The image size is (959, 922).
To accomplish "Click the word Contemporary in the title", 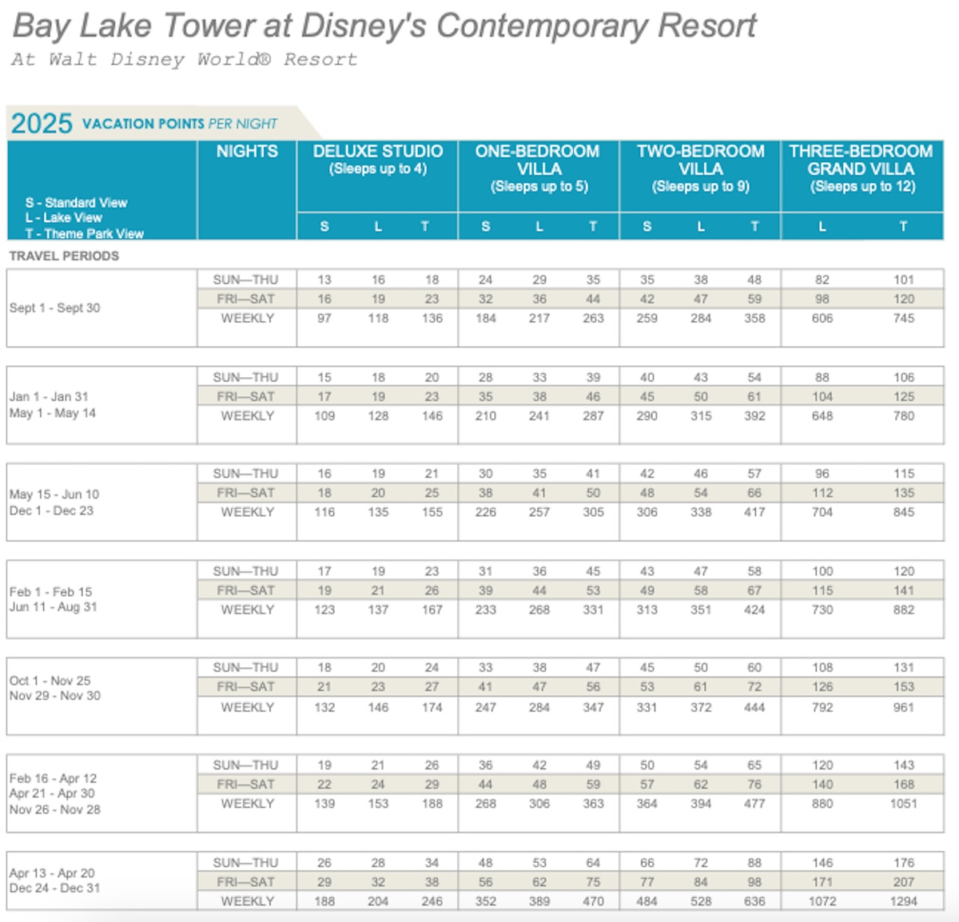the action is coord(542,26).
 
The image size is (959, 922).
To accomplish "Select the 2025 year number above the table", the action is coord(42,123).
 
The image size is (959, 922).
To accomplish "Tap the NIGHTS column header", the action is coord(247,151).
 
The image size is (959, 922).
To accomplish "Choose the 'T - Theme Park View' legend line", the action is coord(84,233).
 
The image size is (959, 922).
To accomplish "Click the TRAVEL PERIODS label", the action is coord(64,256).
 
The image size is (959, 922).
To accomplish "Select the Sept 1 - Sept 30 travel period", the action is coord(54,308).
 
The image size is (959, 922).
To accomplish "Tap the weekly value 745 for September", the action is coord(903,318).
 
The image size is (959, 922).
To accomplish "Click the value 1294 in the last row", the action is coord(903,901).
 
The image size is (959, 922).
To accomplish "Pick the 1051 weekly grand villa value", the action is coord(903,804).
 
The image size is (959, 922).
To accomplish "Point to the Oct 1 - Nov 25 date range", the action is coord(50,681).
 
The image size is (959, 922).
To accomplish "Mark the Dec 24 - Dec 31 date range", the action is coord(54,888).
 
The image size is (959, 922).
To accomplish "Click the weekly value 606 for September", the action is coord(822,318).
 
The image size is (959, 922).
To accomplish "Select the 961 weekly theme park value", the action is coord(903,707).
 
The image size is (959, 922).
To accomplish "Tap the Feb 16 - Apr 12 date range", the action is coord(54,778).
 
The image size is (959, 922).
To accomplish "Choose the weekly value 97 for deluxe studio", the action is coord(324,318).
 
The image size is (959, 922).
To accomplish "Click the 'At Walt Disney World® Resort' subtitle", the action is coord(185,59).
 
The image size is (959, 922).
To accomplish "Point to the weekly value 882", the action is coord(903,610).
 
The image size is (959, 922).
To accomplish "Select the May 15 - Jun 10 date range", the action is coord(54,495).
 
